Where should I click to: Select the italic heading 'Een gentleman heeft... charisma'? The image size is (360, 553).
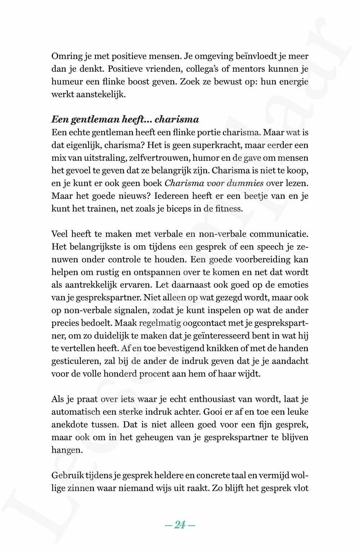125,119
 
